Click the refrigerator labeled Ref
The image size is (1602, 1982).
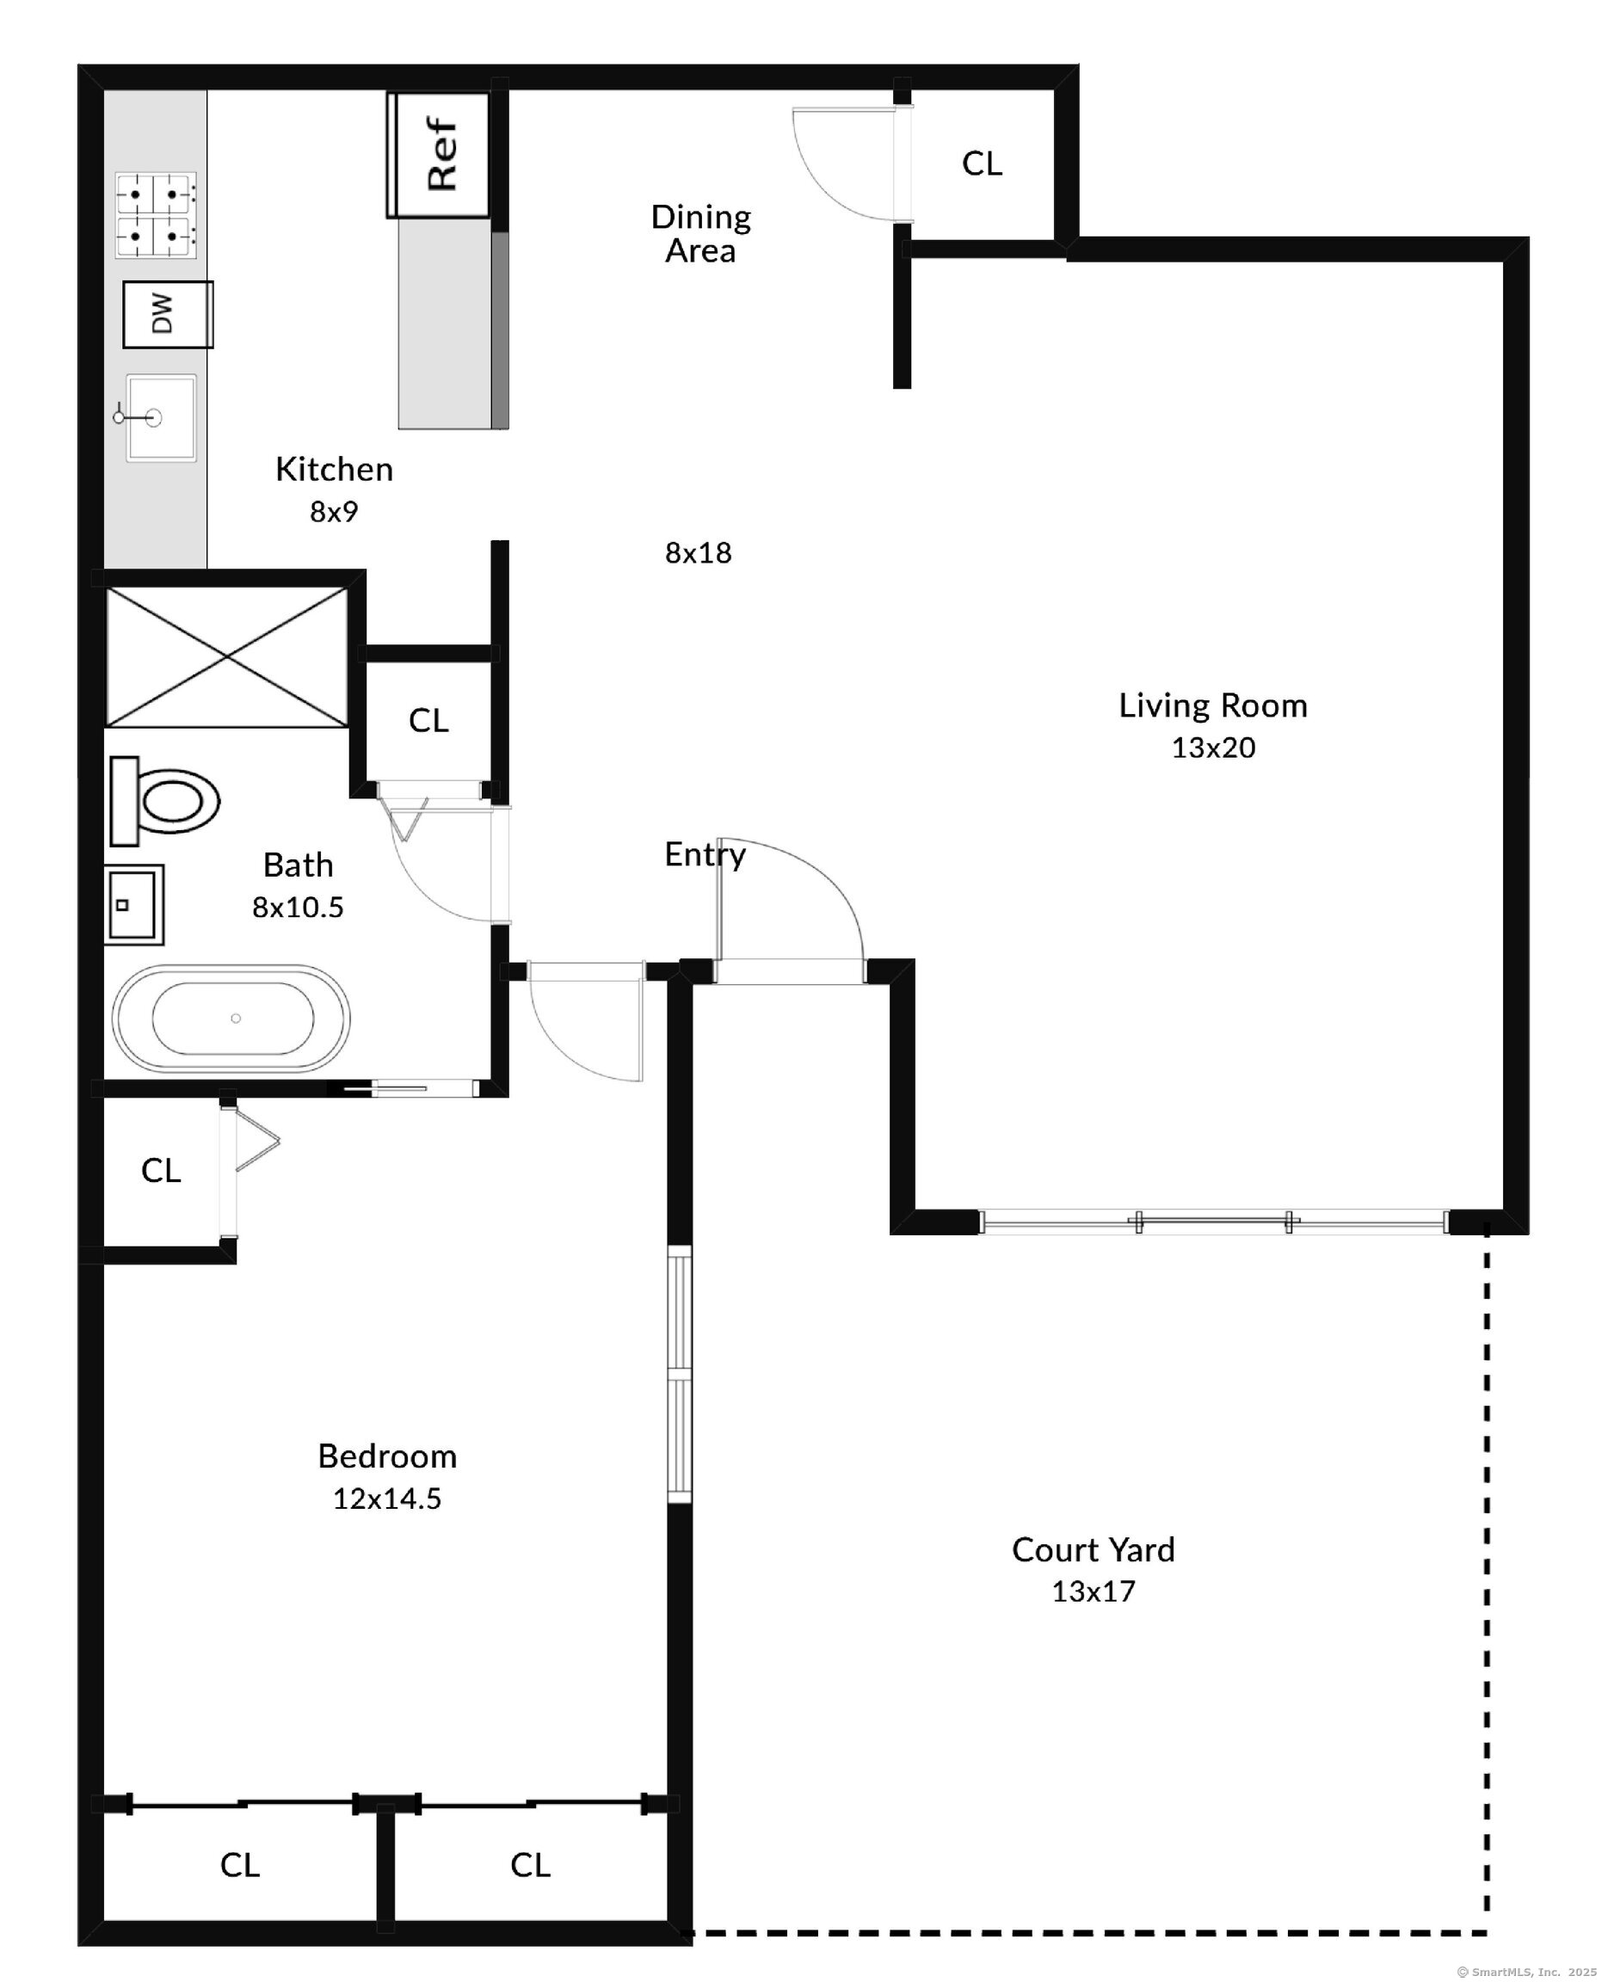point(438,154)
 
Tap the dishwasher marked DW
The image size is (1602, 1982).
point(168,314)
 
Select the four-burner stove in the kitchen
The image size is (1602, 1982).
point(156,215)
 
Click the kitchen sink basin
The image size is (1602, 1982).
point(161,417)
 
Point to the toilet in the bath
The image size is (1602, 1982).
point(164,800)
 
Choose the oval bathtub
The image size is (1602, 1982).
point(231,1018)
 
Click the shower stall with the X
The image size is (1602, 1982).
point(227,657)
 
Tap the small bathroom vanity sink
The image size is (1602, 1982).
point(134,904)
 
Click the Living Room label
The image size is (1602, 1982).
point(1212,706)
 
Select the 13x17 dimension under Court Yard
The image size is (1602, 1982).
point(1094,1591)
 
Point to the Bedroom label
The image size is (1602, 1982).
point(386,1456)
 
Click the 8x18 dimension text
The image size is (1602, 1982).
point(699,553)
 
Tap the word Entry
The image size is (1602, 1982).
point(705,854)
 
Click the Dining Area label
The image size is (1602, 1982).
point(701,233)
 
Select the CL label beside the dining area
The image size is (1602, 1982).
point(982,163)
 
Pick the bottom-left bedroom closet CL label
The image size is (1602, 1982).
point(240,1865)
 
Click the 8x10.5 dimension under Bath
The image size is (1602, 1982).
point(298,907)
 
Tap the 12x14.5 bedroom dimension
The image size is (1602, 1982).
point(386,1499)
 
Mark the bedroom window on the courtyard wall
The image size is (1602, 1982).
point(679,1374)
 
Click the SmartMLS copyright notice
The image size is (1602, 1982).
point(1527,1972)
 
